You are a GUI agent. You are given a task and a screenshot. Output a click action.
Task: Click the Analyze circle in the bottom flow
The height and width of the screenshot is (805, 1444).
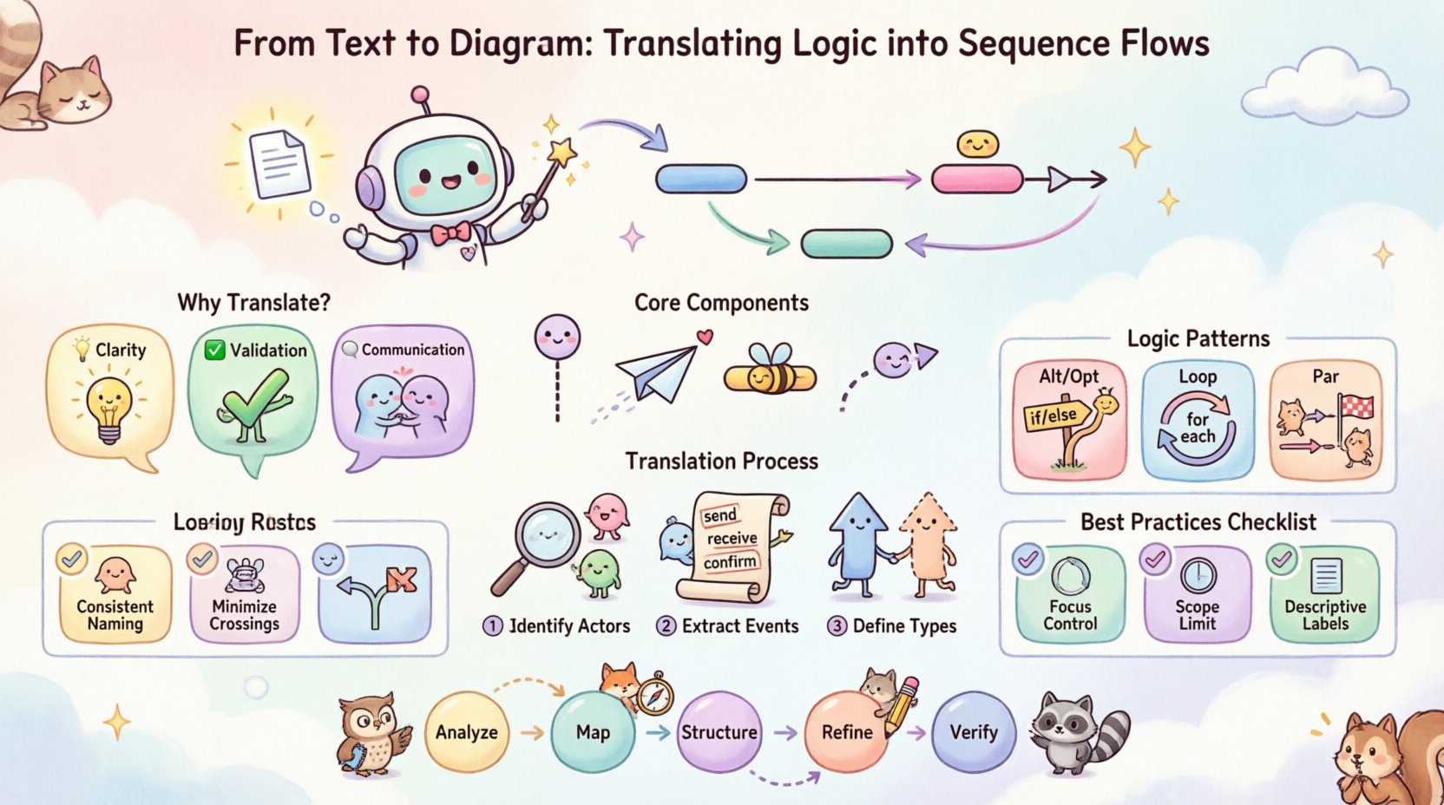pyautogui.click(x=466, y=732)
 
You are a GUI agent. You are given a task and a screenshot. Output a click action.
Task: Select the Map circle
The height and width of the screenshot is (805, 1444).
pyautogui.click(x=593, y=732)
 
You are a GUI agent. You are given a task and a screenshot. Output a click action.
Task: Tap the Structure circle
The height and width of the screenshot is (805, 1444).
pyautogui.click(x=719, y=732)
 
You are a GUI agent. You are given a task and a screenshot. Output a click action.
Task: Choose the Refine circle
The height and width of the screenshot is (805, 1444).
pyautogui.click(x=846, y=732)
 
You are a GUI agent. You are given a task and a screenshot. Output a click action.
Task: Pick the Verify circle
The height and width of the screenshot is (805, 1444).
pyautogui.click(x=973, y=732)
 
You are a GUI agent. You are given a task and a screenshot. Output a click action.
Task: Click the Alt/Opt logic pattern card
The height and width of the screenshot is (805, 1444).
pyautogui.click(x=1069, y=420)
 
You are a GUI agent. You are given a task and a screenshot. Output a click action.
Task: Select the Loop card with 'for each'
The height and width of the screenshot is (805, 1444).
pyautogui.click(x=1198, y=420)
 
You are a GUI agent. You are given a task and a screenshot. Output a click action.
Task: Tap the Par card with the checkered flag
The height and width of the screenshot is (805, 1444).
pyautogui.click(x=1325, y=420)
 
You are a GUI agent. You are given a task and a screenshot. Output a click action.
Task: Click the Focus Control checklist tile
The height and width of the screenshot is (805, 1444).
pyautogui.click(x=1070, y=594)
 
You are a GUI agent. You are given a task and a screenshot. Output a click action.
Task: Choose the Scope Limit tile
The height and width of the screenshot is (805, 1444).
pyautogui.click(x=1198, y=594)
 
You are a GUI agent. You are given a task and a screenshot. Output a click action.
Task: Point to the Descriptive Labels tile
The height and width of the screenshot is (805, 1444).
pyautogui.click(x=1325, y=594)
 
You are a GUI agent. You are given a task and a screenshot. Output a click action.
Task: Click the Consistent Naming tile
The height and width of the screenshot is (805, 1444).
pyautogui.click(x=115, y=595)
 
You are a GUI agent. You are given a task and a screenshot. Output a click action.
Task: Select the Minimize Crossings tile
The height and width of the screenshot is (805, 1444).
pyautogui.click(x=244, y=595)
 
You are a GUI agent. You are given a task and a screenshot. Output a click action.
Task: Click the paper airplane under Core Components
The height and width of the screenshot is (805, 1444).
pyautogui.click(x=658, y=373)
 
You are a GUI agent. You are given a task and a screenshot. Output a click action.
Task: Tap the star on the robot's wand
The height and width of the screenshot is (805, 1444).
pyautogui.click(x=562, y=153)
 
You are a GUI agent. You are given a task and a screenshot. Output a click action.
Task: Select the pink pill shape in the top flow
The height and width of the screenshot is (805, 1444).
pyautogui.click(x=977, y=180)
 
